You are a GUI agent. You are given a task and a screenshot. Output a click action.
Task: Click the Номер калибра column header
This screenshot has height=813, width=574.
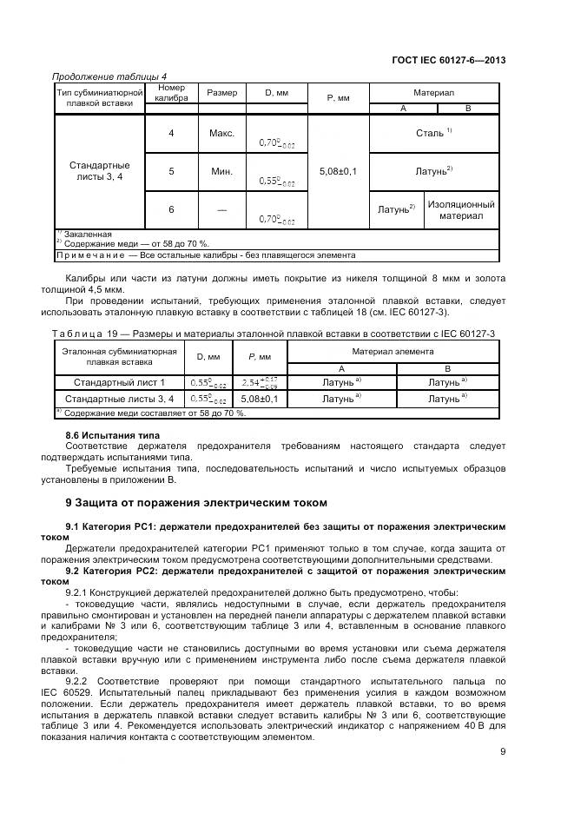[x=171, y=93]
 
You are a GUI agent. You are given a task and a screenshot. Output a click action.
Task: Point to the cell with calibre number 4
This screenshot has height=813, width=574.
[x=171, y=134]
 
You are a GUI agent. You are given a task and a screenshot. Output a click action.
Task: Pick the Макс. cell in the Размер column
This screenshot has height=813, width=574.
[x=221, y=134]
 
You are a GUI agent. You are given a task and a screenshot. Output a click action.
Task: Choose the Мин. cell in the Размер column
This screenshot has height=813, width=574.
[x=221, y=172]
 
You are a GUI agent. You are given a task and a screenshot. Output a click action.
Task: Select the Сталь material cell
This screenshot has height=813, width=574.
[x=434, y=134]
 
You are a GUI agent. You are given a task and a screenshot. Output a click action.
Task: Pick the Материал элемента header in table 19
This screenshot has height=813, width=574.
[x=393, y=351]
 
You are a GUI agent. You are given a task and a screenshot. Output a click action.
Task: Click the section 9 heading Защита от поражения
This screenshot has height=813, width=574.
[x=196, y=503]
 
